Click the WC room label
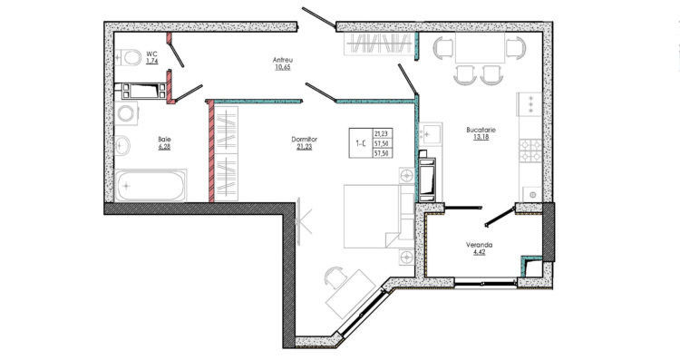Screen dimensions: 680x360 pos(151,54)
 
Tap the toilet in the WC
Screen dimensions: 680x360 pos(129,57)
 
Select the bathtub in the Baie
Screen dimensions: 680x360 pos(151,185)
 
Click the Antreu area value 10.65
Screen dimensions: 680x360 pos(282,67)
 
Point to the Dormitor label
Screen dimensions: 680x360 pos(304,140)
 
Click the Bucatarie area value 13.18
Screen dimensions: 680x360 pos(481,137)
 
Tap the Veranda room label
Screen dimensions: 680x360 pos(480,245)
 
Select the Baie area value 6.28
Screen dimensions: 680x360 pos(164,147)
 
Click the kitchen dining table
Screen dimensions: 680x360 pos(480,48)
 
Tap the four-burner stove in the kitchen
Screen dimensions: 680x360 pos(530,151)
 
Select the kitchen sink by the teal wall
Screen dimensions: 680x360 pos(431,133)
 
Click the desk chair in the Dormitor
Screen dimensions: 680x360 pos(335,276)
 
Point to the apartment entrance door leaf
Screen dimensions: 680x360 pos(319,17)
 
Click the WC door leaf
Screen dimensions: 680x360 pos(177,55)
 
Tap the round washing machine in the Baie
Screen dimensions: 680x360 pos(126,113)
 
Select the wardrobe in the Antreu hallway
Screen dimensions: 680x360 pos(378,44)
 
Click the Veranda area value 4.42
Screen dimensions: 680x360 pos(480,251)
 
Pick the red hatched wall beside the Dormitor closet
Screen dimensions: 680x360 pos(211,151)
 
